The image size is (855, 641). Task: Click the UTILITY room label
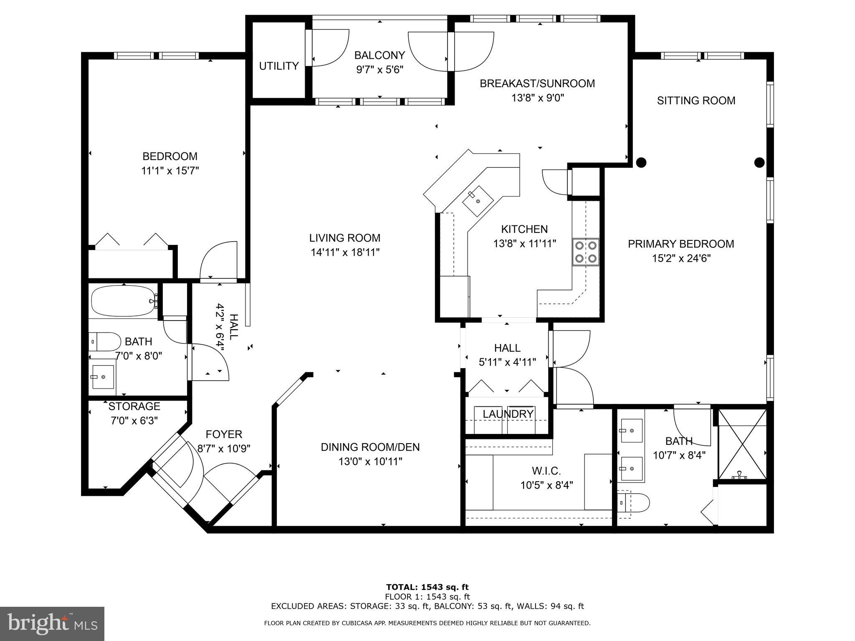click(x=278, y=66)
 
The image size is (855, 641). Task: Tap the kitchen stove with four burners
click(x=586, y=252)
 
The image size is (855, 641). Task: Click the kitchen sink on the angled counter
click(x=478, y=201)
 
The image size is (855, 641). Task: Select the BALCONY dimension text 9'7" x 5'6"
click(x=379, y=70)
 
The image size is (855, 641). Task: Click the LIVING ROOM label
click(x=344, y=238)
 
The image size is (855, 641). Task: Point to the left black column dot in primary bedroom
click(x=641, y=162)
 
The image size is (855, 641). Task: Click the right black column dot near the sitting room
click(x=759, y=162)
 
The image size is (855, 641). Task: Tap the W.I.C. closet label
click(x=546, y=471)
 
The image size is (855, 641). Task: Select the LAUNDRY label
click(x=508, y=414)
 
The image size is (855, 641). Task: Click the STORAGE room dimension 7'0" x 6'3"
click(x=134, y=421)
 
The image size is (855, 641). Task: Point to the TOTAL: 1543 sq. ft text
click(x=427, y=588)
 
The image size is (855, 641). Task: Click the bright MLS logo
click(x=52, y=624)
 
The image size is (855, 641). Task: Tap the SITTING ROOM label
click(x=696, y=101)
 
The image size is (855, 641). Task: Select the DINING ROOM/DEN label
click(x=370, y=447)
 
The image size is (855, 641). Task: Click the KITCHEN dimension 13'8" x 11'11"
click(x=524, y=244)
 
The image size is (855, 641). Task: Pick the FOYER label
click(x=224, y=434)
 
